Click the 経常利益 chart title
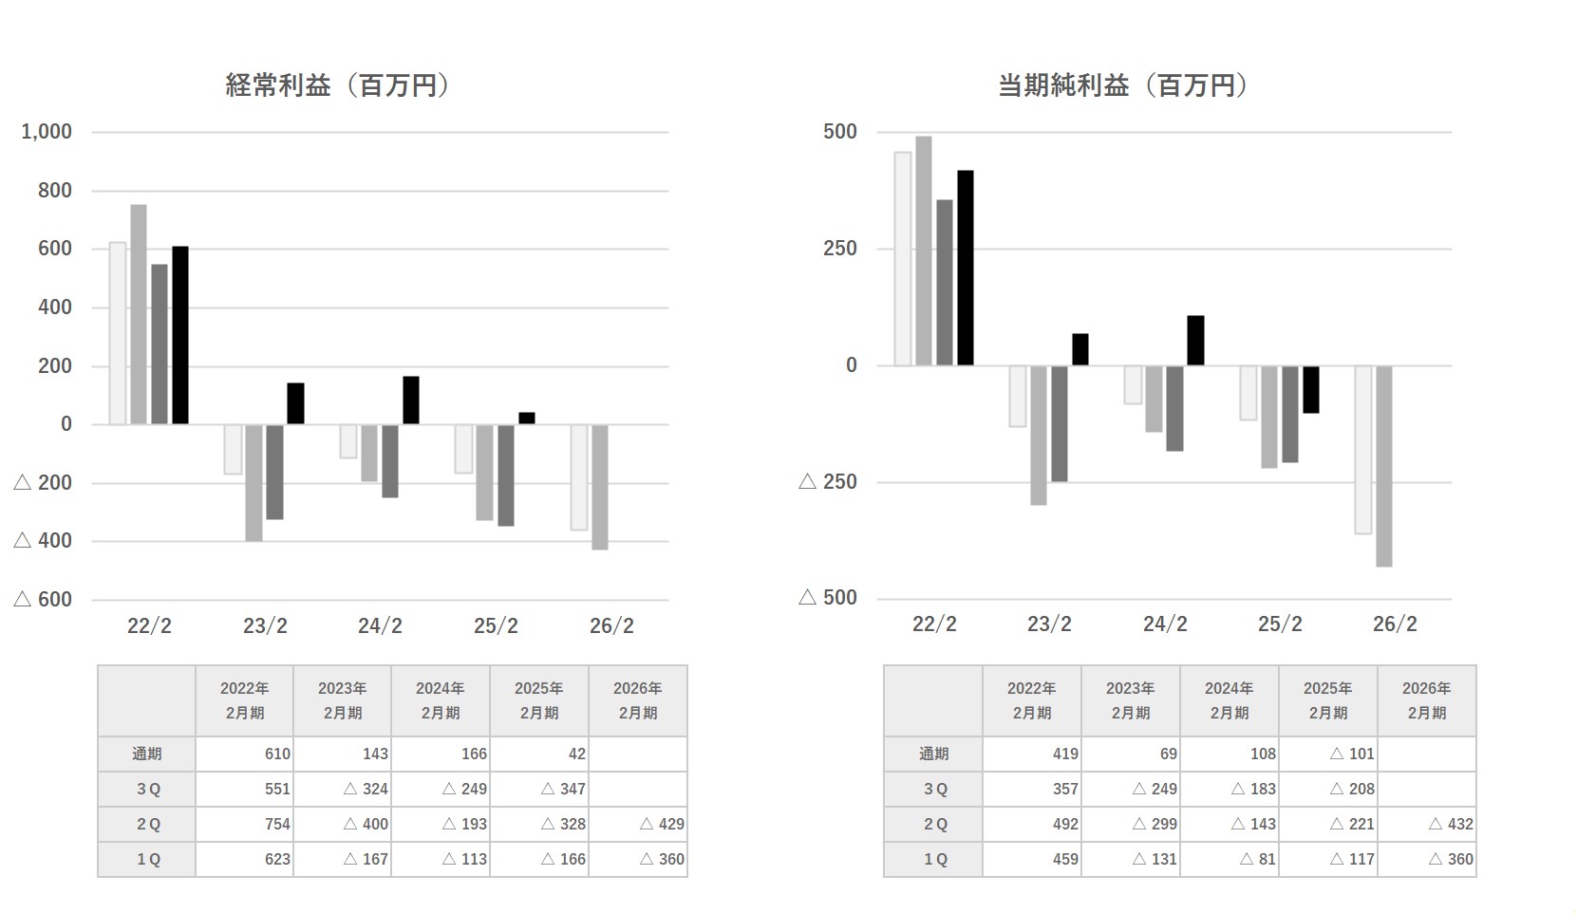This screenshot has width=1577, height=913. click(x=337, y=85)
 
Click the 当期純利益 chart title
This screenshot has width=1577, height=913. click(x=1123, y=85)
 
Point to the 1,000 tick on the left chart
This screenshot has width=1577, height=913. click(x=47, y=132)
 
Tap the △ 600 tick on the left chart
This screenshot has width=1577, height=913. click(x=44, y=599)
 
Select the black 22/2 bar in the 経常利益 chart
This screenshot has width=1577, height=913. click(x=180, y=335)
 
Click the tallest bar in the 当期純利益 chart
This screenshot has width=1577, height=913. click(x=923, y=251)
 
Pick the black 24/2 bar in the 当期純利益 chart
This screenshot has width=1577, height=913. click(x=1195, y=340)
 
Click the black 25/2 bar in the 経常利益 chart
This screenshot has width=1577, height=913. click(x=526, y=418)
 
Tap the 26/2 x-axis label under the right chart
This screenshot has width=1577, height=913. click(x=1395, y=624)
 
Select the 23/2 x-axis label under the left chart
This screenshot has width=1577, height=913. click(x=265, y=625)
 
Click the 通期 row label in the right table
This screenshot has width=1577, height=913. click(x=933, y=754)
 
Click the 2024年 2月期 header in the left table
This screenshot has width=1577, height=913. click(x=440, y=700)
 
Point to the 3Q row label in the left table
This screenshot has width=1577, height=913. click(x=147, y=789)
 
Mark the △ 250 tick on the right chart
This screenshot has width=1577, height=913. click(x=828, y=482)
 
